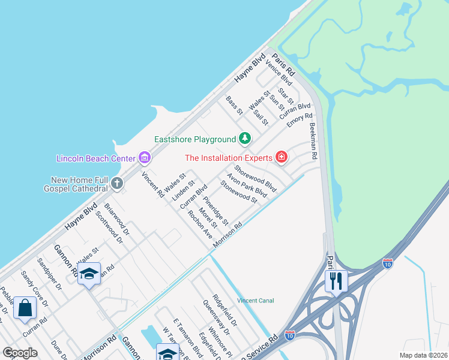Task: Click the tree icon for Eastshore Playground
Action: coord(244,139)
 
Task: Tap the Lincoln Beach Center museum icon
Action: coord(144,158)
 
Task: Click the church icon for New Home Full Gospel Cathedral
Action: coord(117,183)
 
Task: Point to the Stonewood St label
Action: coord(238,191)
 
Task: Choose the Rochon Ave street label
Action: coord(199,225)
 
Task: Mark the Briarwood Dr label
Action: coord(116,219)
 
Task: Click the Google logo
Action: coord(20,352)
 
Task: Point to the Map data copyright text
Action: coord(423,355)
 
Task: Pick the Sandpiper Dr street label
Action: coord(49,274)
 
